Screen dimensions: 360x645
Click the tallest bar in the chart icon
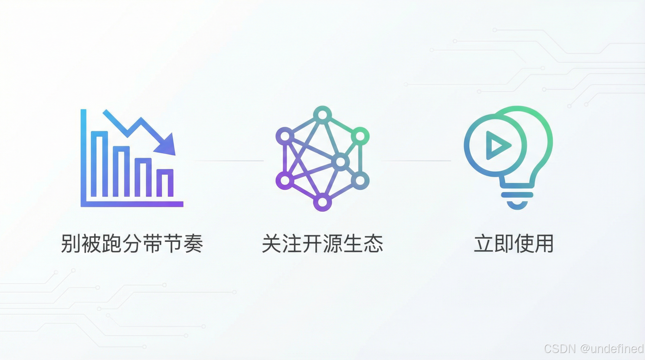pos(99,164)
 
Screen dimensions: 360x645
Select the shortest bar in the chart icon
pos(165,183)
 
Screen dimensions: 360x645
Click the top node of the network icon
pos(322,115)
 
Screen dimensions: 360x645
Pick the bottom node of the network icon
pos(322,202)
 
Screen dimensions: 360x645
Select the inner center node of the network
pos(340,162)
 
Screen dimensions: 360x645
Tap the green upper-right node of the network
pos(360,136)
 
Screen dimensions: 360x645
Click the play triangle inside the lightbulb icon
pos(497,145)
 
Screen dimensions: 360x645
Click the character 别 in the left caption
pos(71,244)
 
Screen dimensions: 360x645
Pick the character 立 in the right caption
pos(484,244)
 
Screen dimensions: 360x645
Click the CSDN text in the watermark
pos(560,349)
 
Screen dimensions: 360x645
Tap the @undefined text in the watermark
pos(612,349)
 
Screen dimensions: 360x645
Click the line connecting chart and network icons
pos(228,161)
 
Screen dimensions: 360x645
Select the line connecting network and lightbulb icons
pos(416,161)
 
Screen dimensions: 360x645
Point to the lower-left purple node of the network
pos(285,181)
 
